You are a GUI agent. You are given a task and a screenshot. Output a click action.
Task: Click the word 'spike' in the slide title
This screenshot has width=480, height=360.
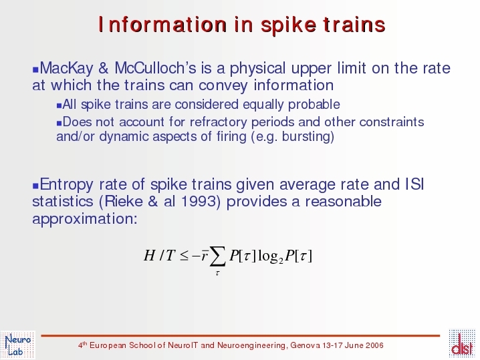point(288,25)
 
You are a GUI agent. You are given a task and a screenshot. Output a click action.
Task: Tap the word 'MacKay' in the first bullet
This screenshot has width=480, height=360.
point(66,68)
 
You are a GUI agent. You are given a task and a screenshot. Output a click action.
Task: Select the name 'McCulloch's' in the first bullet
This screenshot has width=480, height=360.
point(156,68)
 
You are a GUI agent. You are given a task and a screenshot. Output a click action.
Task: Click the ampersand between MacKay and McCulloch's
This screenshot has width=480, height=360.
point(104,68)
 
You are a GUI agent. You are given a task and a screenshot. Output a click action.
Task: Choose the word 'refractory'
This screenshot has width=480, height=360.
point(218,122)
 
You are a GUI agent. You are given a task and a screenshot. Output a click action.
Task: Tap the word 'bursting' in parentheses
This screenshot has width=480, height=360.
point(306,136)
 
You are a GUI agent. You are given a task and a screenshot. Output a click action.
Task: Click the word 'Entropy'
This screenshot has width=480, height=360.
point(66,184)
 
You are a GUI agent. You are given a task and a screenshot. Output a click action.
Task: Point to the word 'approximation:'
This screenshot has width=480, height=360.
point(85,219)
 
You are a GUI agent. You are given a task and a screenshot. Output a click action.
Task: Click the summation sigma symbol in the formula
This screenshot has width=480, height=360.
point(218,256)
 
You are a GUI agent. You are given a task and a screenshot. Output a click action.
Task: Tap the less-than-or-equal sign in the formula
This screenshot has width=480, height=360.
point(184,256)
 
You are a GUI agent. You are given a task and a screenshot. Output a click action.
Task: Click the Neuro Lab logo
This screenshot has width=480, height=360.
point(18,345)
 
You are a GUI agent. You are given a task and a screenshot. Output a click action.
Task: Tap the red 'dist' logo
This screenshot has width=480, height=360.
point(462,343)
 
